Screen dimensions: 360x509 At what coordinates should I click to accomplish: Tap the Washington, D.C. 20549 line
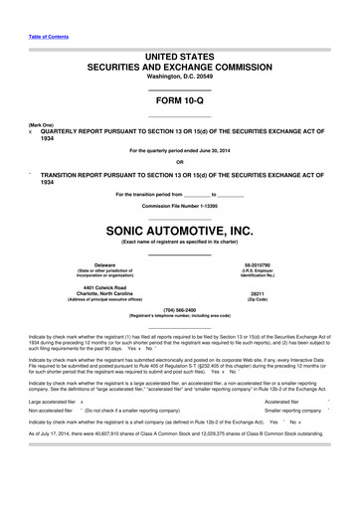coord(179,77)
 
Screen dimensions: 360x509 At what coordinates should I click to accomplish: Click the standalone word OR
coord(179,162)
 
